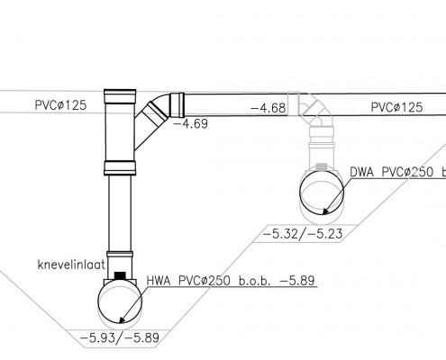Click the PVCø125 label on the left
60,105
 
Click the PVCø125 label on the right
396,107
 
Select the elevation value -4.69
191,123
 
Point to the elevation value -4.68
269,108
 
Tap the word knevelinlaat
71,265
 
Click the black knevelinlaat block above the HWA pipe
120,275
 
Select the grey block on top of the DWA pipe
322,167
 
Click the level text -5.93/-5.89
120,338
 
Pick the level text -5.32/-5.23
303,233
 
